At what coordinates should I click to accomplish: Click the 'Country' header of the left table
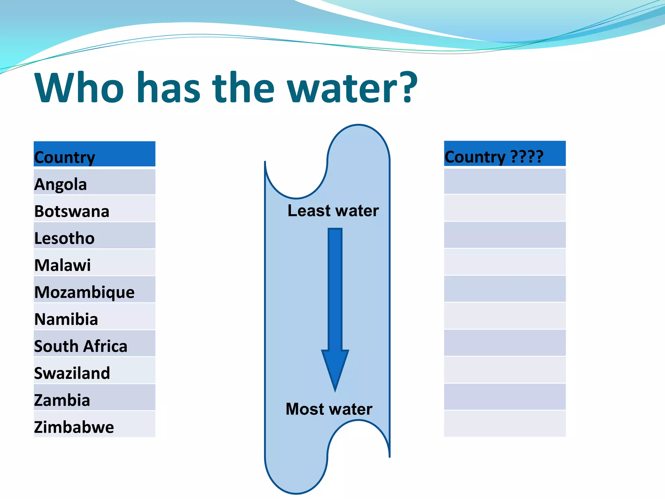(x=65, y=157)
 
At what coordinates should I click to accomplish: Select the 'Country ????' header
(x=494, y=157)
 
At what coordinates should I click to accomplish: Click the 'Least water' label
(x=333, y=211)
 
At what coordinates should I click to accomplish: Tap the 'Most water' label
(x=329, y=409)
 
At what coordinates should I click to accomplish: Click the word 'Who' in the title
(x=79, y=88)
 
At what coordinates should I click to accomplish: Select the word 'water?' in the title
(x=353, y=88)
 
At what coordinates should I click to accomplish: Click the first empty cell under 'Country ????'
(x=505, y=181)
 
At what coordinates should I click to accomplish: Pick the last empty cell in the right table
(x=505, y=424)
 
